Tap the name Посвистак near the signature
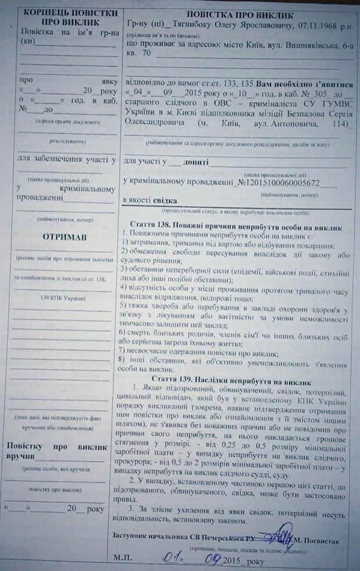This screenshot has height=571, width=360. (318, 541)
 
